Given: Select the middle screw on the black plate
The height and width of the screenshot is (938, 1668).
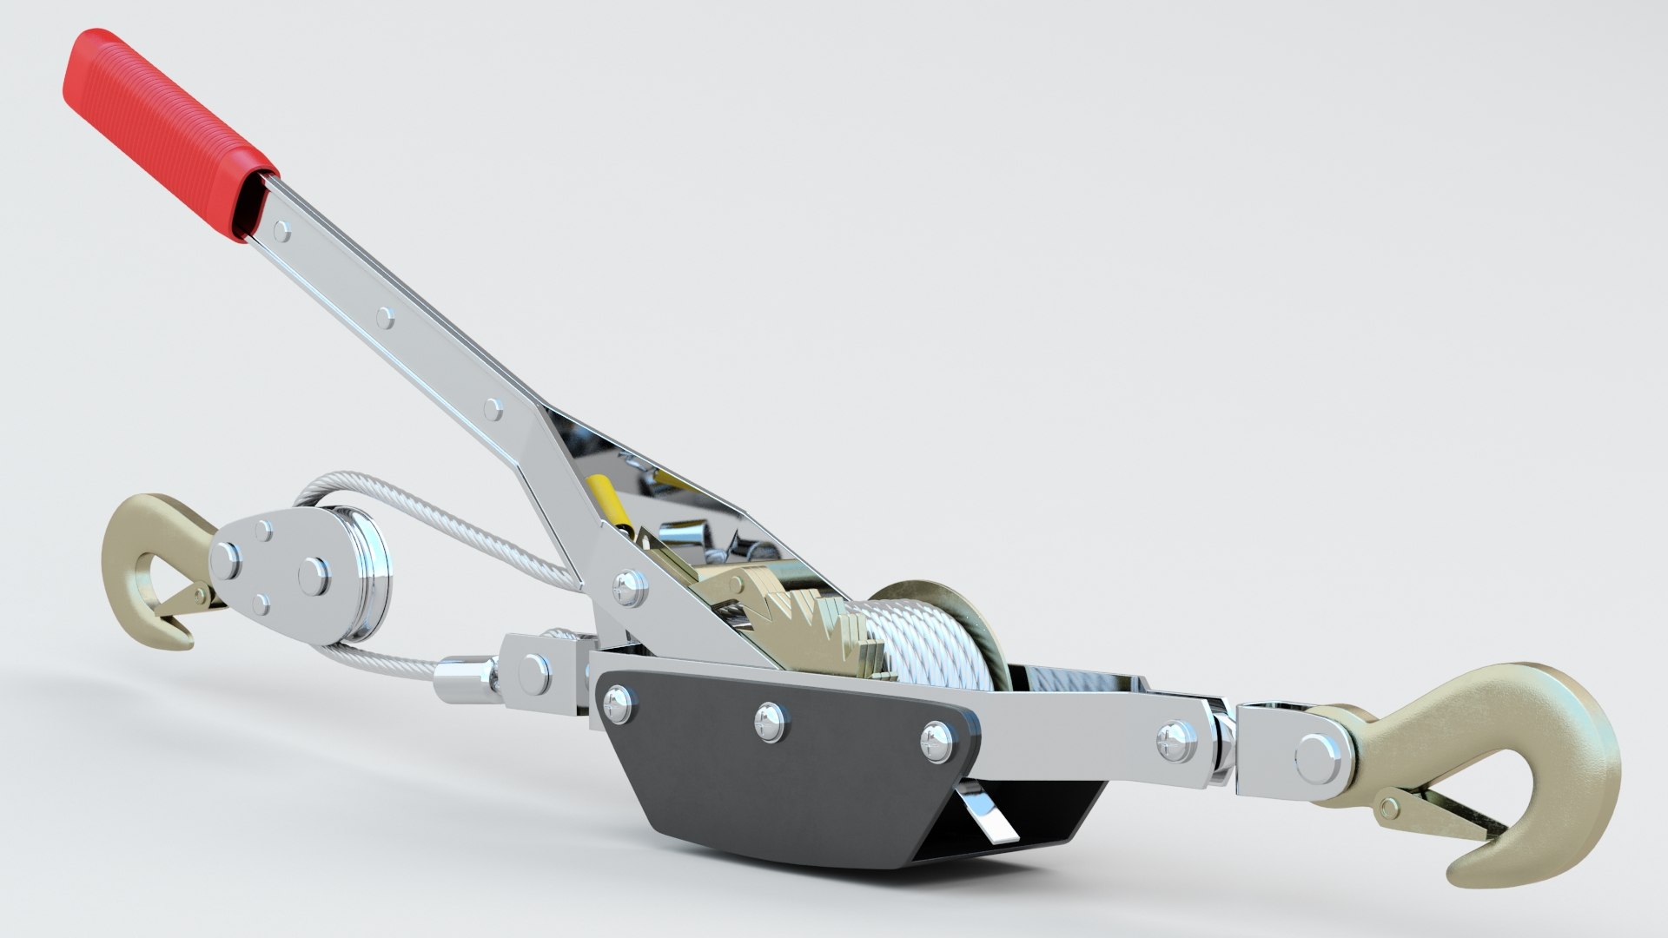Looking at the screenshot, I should [769, 716].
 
